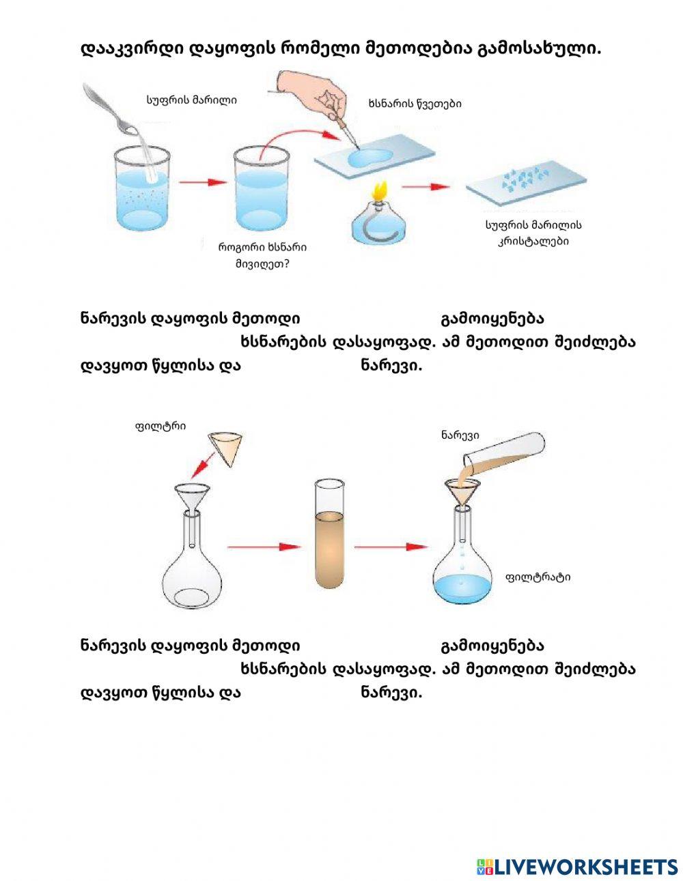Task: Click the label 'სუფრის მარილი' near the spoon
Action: coord(191,100)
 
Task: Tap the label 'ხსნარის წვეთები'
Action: coord(414,104)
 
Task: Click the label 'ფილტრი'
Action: coord(161,427)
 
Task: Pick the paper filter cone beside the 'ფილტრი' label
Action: coord(226,447)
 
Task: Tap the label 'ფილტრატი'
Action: coord(538,577)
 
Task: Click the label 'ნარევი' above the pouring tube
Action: coord(460,435)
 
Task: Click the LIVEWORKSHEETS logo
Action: coord(576,866)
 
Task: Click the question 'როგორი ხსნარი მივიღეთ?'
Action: coord(262,255)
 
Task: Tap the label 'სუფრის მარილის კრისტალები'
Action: coord(533,233)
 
